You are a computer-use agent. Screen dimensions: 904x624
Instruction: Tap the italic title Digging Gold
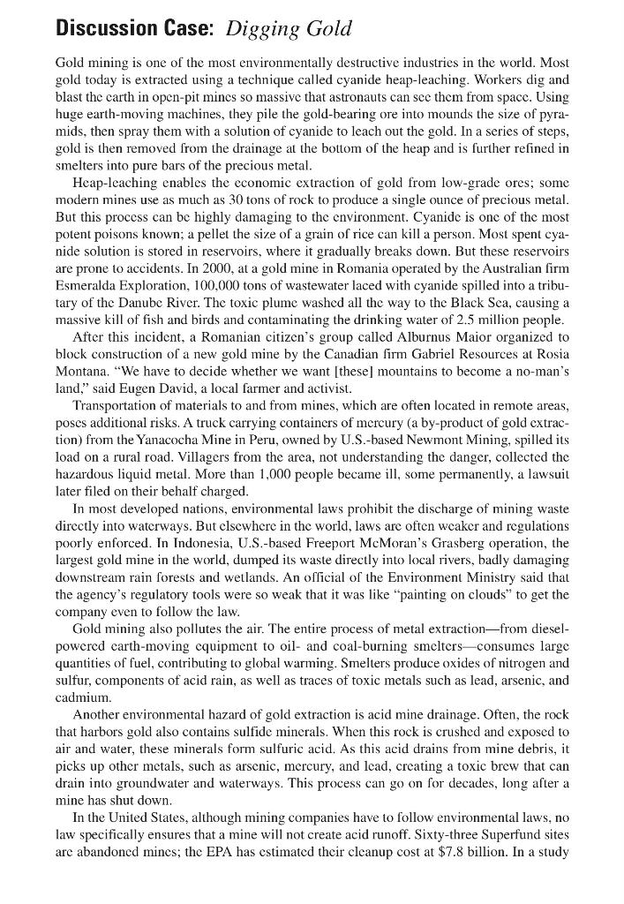point(289,28)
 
